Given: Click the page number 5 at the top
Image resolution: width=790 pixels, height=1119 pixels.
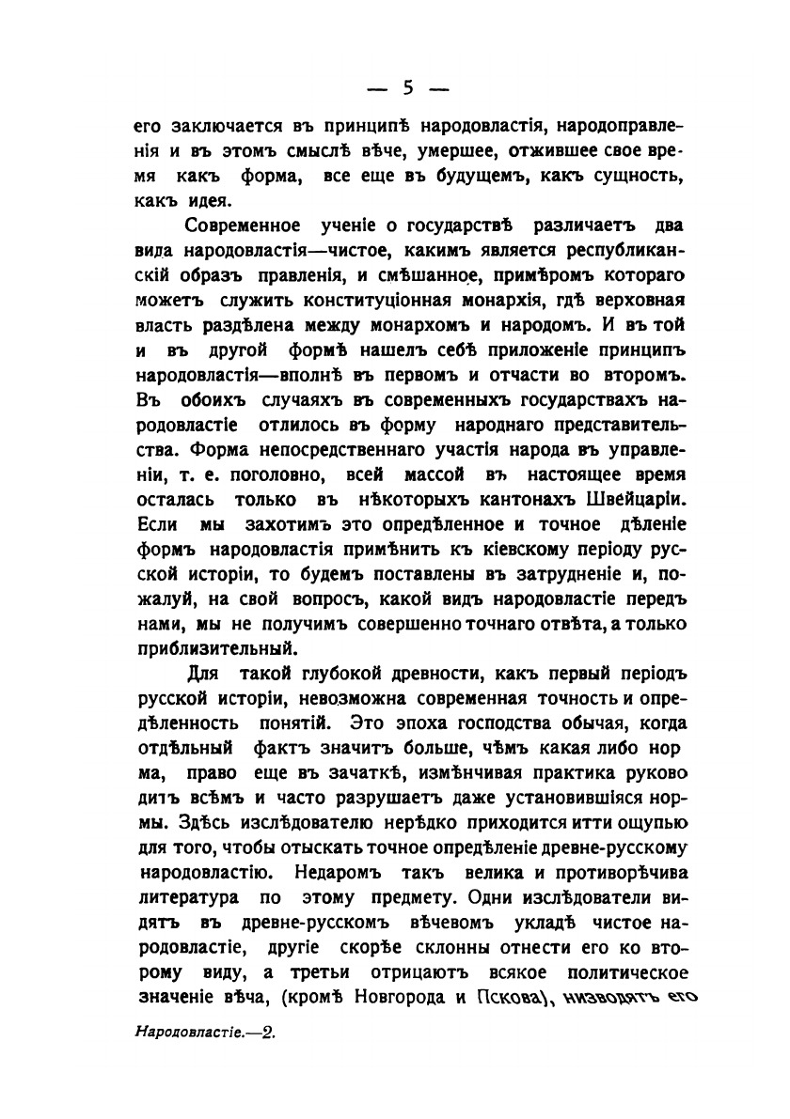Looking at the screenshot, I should click(407, 88).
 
